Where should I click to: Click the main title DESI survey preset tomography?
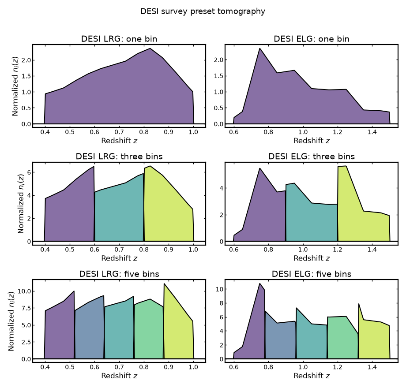(203, 11)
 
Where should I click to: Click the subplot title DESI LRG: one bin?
(119, 39)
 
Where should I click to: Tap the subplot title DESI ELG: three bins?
(312, 157)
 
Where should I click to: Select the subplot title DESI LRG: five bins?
(119, 274)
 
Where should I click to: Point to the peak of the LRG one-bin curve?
(150, 48)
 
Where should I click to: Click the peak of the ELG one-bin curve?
(259, 48)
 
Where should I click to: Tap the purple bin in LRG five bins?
(60, 328)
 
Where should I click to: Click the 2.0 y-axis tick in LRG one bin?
(26, 60)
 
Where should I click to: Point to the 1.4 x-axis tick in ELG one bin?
(372, 132)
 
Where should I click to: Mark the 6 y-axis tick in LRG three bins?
(29, 172)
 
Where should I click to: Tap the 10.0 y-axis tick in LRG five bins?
(24, 291)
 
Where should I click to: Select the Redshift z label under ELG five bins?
(312, 376)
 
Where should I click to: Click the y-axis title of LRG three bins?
(21, 204)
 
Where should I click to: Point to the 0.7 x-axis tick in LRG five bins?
(119, 367)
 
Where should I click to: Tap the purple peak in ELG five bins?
(259, 284)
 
